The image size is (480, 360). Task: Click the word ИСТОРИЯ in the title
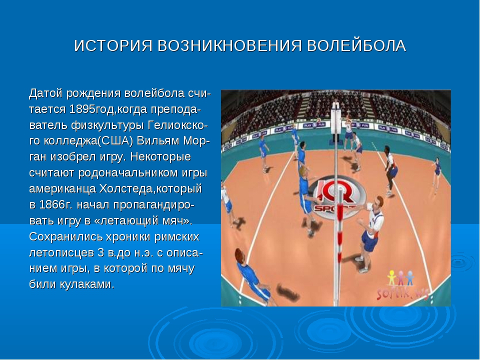(113, 46)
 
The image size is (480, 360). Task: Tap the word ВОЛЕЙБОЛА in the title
(356, 46)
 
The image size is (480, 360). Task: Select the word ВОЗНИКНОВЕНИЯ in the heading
(229, 46)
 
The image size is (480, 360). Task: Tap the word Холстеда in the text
(125, 189)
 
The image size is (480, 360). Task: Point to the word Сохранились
(66, 236)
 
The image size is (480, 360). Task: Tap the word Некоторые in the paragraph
(160, 156)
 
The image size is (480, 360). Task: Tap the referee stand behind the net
(336, 122)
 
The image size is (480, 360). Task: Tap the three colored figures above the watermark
(401, 277)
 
